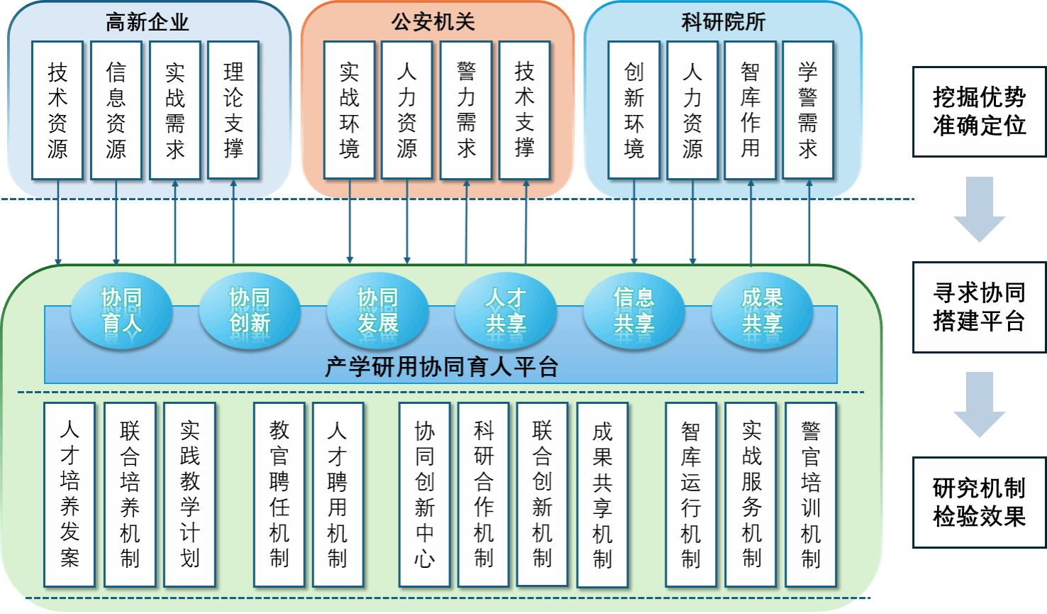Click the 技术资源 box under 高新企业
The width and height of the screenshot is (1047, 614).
[57, 110]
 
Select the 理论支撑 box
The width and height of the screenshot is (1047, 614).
[233, 110]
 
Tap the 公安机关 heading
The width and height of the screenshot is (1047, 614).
[433, 22]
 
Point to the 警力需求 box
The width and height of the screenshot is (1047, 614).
[466, 110]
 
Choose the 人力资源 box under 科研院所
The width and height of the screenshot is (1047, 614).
[692, 110]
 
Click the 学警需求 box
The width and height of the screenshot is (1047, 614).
[808, 110]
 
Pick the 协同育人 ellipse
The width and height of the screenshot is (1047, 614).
[122, 312]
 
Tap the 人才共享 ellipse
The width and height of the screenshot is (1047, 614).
[506, 312]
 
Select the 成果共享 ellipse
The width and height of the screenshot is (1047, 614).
[762, 312]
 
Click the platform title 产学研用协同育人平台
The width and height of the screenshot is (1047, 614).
[441, 367]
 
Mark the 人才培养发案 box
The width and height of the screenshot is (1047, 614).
[70, 494]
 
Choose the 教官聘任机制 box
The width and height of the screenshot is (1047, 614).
[279, 494]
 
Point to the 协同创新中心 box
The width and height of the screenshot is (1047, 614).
[424, 494]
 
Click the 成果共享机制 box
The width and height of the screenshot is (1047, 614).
[602, 495]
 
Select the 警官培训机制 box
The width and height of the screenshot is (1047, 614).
[811, 494]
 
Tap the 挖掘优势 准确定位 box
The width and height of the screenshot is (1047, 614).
[979, 111]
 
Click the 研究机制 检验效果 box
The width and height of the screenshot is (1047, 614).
[979, 503]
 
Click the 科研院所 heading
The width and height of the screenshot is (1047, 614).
[724, 22]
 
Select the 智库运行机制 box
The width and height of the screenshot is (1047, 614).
[691, 494]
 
